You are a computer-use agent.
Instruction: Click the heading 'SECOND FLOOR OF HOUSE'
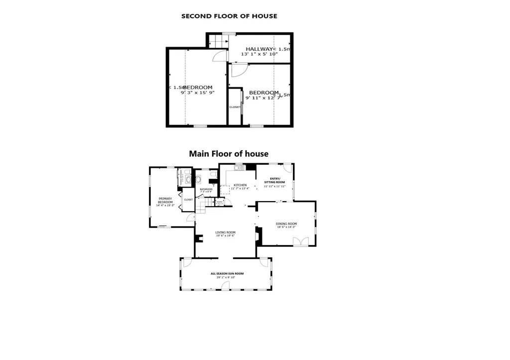point(229,16)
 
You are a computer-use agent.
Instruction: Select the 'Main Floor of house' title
point(229,154)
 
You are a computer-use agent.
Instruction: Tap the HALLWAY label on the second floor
point(258,49)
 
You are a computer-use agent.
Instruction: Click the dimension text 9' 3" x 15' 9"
point(198,93)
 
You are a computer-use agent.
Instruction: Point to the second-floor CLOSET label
point(235,107)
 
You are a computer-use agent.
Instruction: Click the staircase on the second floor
point(215,40)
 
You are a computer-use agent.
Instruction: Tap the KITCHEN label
point(240,185)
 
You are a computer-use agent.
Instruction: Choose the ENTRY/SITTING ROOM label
point(274,180)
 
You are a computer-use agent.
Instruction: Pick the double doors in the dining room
point(300,241)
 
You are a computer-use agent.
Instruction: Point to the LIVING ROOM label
point(225,232)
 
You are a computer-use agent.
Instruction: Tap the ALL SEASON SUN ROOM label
point(227,273)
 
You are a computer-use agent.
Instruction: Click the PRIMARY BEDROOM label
point(165,200)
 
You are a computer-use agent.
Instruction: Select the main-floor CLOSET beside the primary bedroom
point(188,199)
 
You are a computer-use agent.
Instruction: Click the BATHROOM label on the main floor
point(206,189)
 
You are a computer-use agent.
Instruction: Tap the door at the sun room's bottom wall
point(226,285)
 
